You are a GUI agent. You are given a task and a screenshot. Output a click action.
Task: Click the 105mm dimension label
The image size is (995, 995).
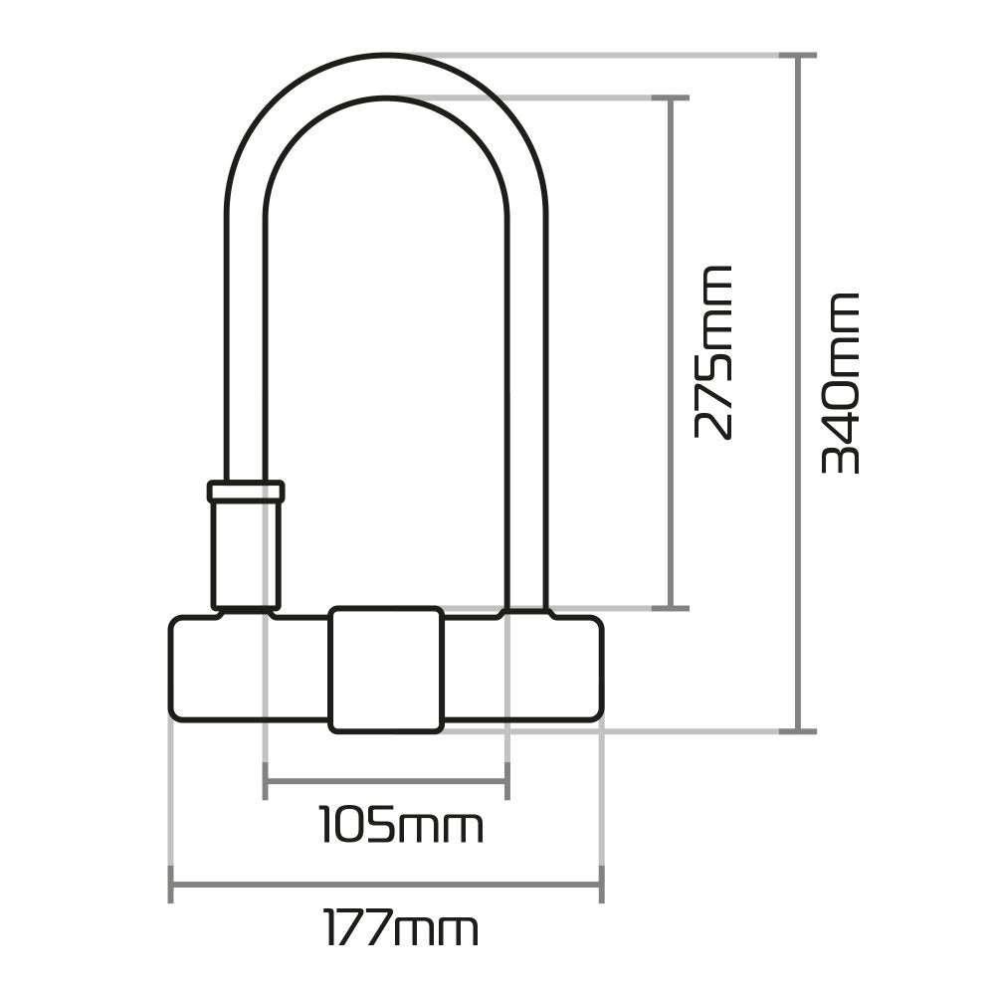coord(400,826)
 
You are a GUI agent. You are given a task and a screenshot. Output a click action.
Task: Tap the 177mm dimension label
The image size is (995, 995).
coord(400,928)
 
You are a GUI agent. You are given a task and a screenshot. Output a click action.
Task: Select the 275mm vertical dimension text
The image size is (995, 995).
coord(713,352)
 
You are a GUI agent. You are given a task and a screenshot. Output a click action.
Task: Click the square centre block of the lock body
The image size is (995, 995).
coord(386,669)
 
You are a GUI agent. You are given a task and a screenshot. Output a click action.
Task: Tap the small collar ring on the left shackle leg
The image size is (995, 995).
coord(246,492)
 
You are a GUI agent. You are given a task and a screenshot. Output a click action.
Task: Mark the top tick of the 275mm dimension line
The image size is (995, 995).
coord(675,99)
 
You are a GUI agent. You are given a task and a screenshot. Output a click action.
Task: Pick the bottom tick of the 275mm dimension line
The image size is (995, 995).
coord(675,606)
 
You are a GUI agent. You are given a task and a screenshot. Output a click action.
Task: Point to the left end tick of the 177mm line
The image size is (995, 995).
coord(172,883)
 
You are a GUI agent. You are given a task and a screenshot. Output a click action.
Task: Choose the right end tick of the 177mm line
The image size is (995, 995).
coord(601,883)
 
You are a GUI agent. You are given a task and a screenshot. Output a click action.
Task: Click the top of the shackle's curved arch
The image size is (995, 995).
coord(386,75)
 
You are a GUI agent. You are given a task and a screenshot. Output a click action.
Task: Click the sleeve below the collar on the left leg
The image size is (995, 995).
coord(246,553)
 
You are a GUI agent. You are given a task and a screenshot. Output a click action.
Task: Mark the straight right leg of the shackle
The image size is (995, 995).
coord(527,398)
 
